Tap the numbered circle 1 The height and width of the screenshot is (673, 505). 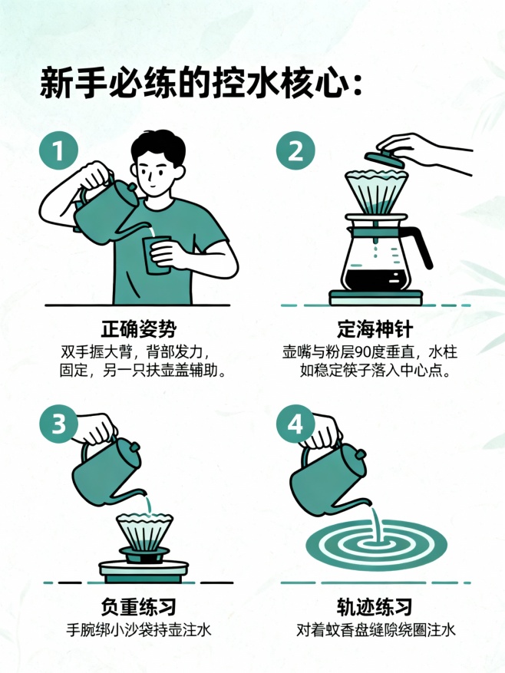pos(58,152)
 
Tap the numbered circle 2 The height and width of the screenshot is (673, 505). pos(295,152)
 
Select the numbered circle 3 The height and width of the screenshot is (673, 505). pos(58,424)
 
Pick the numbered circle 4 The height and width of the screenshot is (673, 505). pos(295,424)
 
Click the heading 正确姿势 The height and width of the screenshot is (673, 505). pos(138,330)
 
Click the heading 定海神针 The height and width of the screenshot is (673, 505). pos(375,330)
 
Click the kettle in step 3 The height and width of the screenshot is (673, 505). pos(107,468)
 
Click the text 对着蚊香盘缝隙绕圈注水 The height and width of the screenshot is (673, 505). pos(375,630)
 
